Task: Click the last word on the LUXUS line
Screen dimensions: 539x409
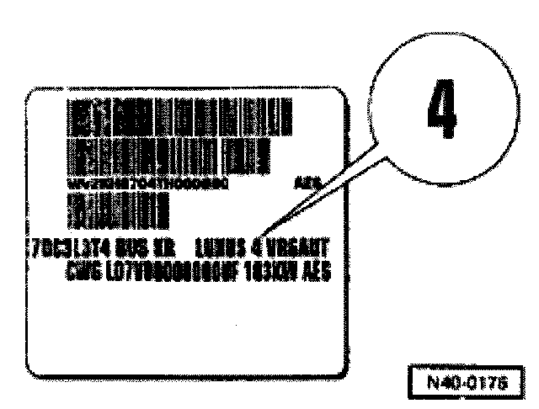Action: coord(301,249)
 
